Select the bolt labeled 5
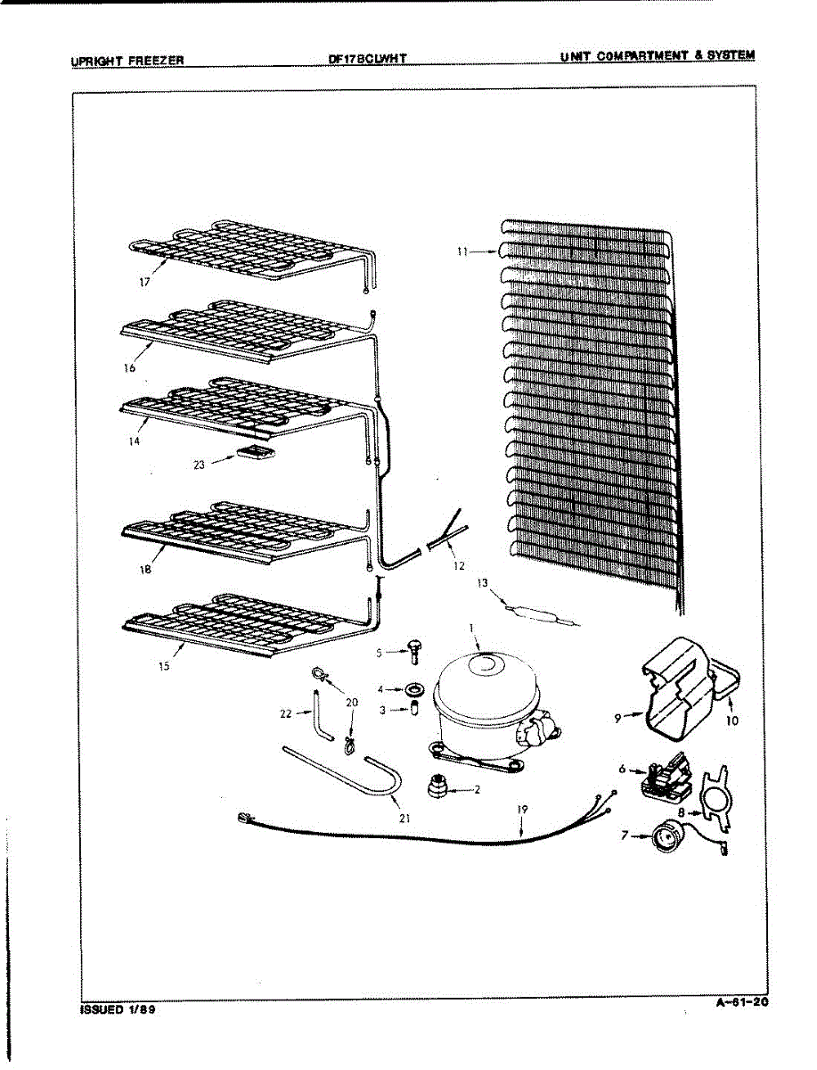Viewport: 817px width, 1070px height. coord(413,654)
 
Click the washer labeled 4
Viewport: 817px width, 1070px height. coord(414,689)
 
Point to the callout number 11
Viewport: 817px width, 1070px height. coord(462,251)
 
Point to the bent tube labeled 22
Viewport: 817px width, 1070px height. coord(322,716)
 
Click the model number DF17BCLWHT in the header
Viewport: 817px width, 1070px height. coord(368,59)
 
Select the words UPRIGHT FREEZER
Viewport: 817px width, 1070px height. coord(127,61)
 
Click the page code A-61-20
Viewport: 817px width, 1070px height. coord(742,1003)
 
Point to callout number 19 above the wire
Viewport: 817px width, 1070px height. coord(522,810)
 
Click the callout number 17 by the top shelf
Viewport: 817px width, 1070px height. coord(144,282)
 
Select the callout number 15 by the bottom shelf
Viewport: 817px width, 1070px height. coord(164,666)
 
